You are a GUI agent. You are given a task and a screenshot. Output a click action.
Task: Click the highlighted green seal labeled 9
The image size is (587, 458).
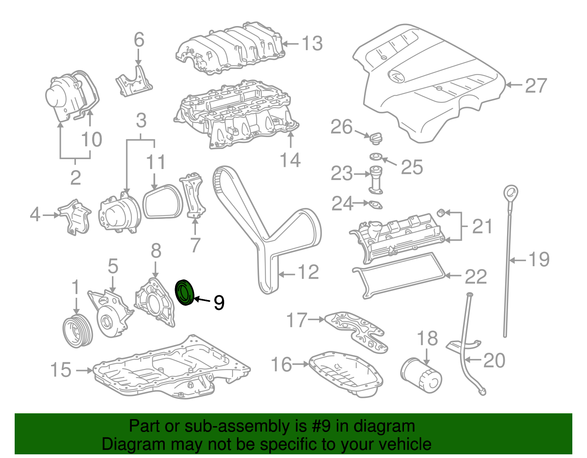click(x=185, y=292)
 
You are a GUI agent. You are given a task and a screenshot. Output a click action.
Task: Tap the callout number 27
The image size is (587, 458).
click(x=536, y=85)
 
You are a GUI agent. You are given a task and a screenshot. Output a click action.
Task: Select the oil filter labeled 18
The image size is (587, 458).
click(x=421, y=375)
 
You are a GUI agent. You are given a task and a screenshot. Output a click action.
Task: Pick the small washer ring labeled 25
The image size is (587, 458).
click(x=375, y=157)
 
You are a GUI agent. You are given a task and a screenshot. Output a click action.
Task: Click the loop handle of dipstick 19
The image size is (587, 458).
click(x=510, y=193)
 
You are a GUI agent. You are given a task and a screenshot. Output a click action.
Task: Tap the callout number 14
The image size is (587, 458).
click(x=290, y=160)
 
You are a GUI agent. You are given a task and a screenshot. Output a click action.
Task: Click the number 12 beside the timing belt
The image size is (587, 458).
click(x=308, y=272)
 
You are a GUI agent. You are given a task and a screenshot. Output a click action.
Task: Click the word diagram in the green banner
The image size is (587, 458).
click(x=384, y=426)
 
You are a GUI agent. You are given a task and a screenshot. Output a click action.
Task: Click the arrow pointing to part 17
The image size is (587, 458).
click(x=316, y=320)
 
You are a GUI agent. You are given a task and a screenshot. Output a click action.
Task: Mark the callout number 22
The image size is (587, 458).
click(x=475, y=276)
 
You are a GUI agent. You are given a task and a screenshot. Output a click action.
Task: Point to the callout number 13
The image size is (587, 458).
click(x=312, y=43)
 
